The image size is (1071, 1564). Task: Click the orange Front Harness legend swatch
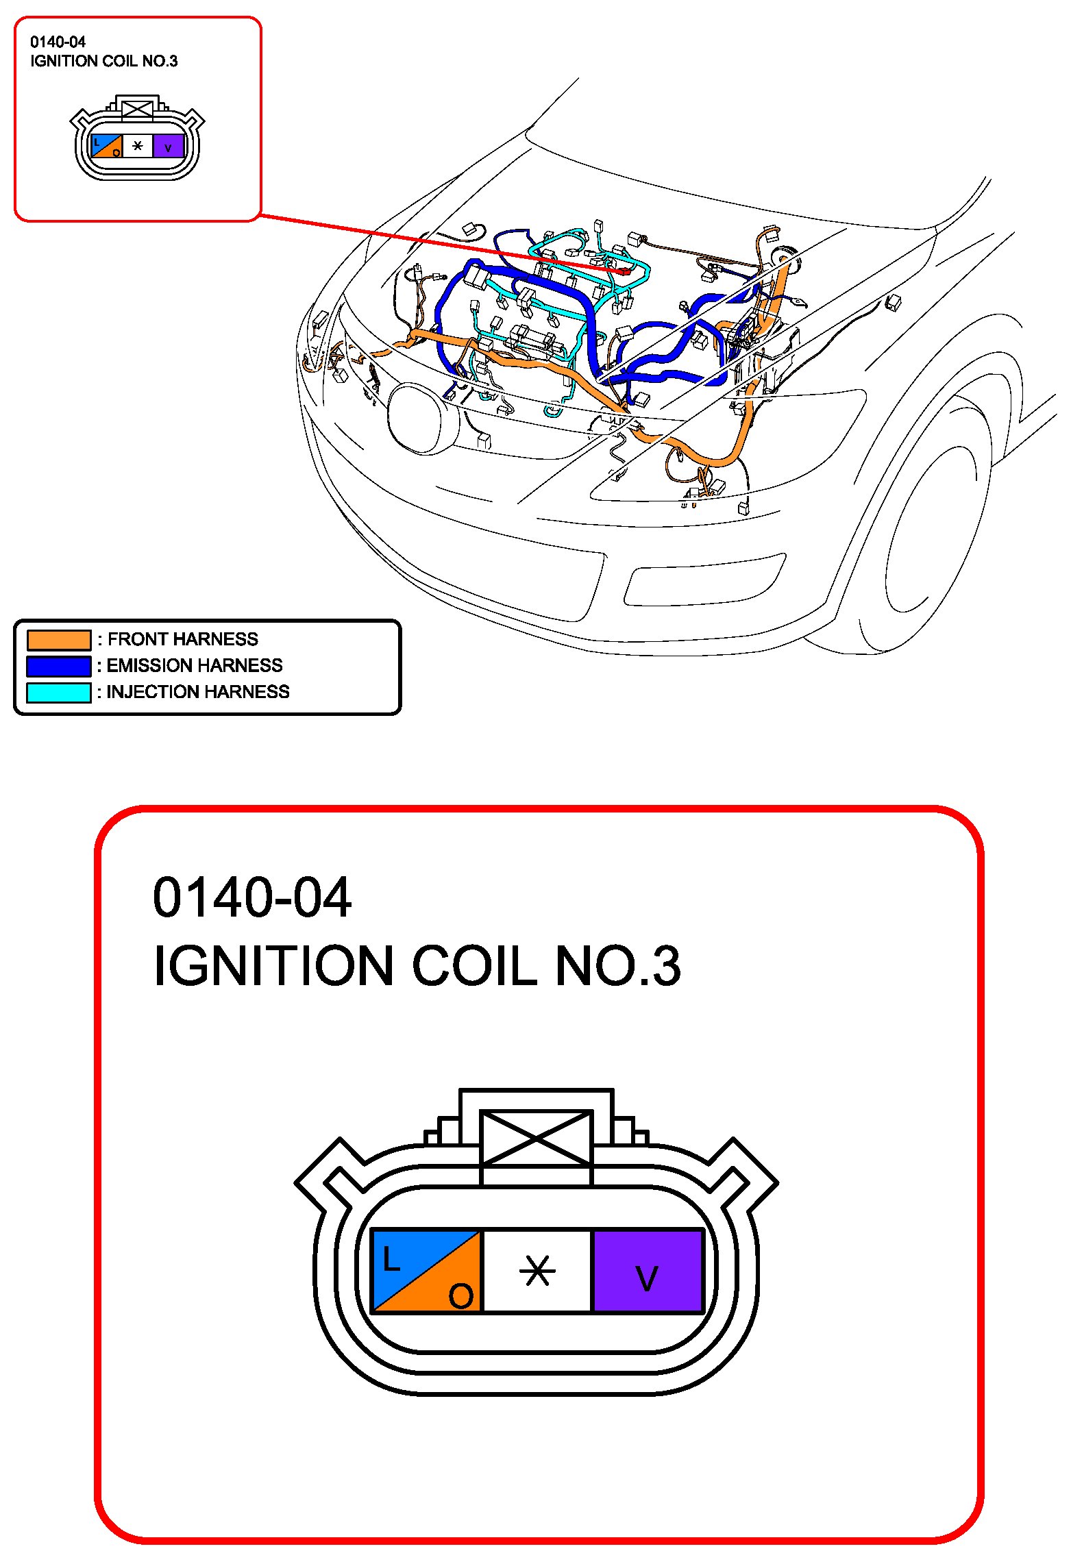[x=59, y=640]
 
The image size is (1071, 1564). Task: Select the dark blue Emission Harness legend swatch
[x=59, y=666]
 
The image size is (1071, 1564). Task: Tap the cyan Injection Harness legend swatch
[x=59, y=693]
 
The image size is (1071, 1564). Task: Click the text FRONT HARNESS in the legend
[x=182, y=639]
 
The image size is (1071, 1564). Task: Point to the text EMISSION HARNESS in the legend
[x=195, y=665]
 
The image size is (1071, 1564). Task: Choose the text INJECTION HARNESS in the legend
[x=198, y=692]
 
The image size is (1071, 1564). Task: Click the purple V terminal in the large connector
[x=648, y=1271]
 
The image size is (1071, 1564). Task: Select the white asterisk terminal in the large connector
[x=537, y=1271]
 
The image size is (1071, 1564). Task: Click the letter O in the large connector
[x=460, y=1295]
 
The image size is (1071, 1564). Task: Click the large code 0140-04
[x=251, y=897]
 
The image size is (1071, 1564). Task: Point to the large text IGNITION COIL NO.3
[x=417, y=966]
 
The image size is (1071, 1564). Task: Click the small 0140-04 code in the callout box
[x=58, y=42]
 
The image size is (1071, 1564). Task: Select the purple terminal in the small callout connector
[x=168, y=146]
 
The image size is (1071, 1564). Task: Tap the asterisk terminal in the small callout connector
[x=138, y=146]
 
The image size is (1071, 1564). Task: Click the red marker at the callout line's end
[x=625, y=272]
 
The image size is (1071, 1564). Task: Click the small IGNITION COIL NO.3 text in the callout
[x=103, y=61]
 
